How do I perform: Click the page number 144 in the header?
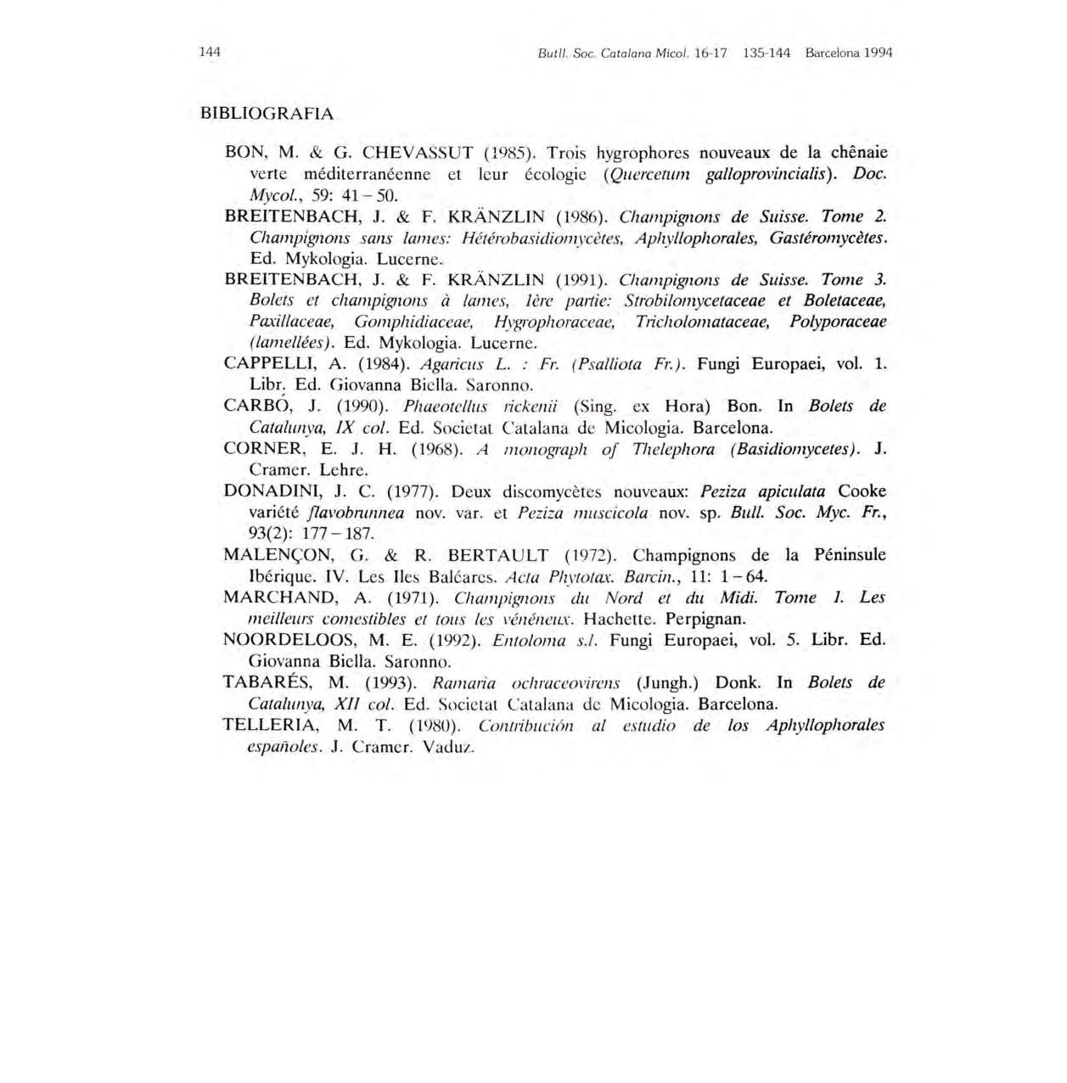[210, 52]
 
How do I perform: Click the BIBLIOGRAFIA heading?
[267, 113]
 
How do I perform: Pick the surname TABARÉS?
[268, 682]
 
